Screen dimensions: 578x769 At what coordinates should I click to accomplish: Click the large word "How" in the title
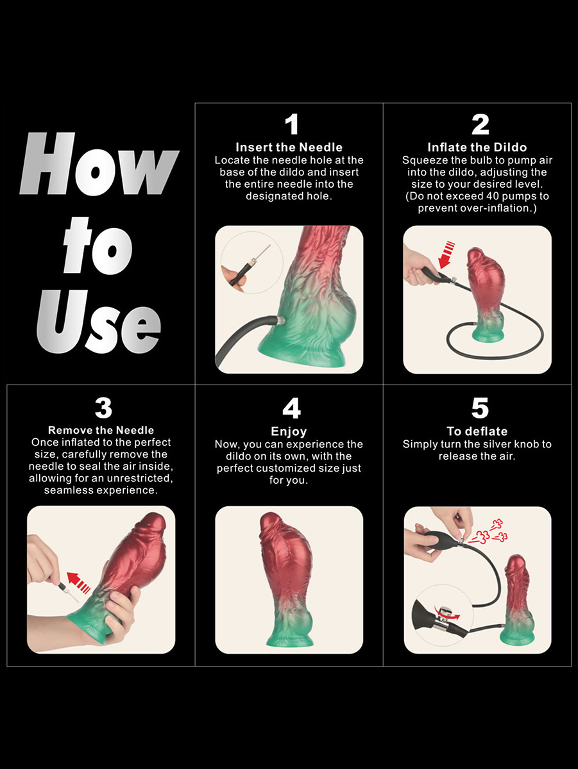99,163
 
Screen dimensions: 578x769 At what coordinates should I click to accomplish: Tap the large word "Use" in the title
99,322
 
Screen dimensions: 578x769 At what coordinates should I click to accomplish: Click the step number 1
291,124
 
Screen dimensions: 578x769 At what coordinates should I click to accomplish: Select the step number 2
480,124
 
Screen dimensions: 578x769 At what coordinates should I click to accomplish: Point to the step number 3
103,408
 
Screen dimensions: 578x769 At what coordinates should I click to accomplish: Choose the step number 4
291,408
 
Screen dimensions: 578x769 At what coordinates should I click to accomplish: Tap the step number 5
480,408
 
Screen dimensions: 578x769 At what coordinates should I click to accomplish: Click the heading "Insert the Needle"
289,147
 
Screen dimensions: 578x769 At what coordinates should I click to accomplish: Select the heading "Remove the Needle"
101,430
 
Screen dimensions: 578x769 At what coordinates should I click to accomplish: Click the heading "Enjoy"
289,432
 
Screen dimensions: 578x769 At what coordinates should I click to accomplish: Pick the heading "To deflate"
477,431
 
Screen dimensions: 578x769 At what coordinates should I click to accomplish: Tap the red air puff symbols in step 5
488,534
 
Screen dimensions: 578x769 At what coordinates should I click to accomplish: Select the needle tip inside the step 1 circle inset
270,245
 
